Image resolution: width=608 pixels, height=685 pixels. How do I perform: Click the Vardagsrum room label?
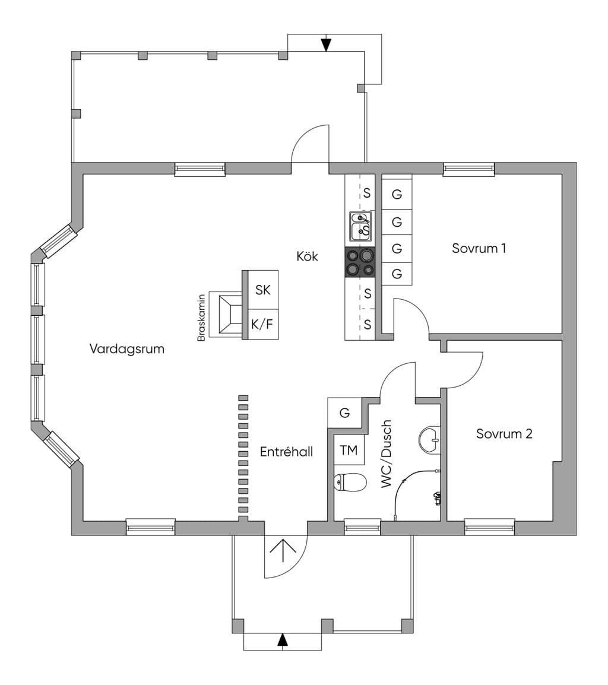(x=126, y=349)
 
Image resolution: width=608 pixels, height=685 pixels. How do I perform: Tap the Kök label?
(x=308, y=256)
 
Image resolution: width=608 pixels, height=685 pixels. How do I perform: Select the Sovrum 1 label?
(x=479, y=248)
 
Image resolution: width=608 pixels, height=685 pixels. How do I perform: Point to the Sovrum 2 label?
(x=504, y=434)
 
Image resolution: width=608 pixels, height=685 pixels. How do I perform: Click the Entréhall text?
(x=286, y=451)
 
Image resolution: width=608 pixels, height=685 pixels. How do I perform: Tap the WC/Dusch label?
(x=386, y=454)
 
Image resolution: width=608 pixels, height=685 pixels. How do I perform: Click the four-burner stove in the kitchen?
(x=360, y=262)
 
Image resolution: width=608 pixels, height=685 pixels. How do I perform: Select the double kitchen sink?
(x=360, y=226)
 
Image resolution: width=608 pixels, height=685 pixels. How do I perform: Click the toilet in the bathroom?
(x=350, y=483)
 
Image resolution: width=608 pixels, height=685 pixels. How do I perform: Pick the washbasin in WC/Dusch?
(x=430, y=439)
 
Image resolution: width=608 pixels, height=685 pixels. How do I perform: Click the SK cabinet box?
(x=263, y=290)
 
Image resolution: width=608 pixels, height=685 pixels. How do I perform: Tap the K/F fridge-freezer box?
(x=263, y=324)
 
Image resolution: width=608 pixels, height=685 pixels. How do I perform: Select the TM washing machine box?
(x=349, y=450)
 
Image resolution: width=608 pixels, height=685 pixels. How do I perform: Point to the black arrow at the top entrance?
(x=326, y=45)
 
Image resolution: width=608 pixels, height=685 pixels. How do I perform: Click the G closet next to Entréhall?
(x=344, y=413)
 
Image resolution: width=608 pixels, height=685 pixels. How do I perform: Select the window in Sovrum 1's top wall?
(x=468, y=169)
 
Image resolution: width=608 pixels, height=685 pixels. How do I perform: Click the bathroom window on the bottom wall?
(x=362, y=527)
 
